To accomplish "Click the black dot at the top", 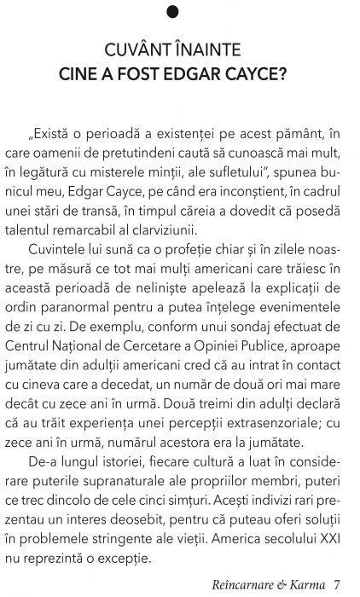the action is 179,11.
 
